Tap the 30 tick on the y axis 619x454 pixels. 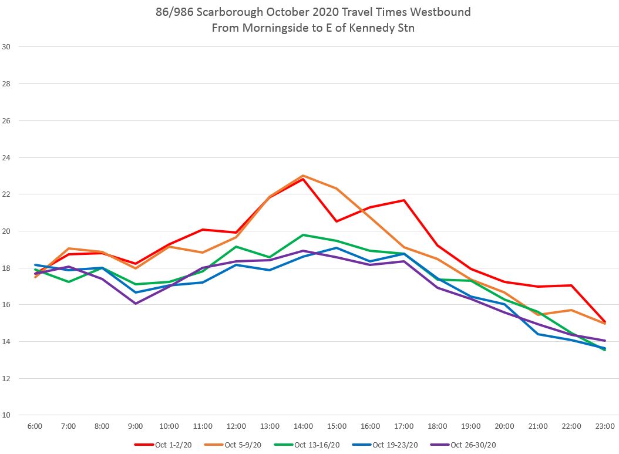point(6,47)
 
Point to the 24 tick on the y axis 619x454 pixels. point(6,158)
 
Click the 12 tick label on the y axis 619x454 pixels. point(6,379)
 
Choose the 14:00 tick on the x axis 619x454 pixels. point(303,426)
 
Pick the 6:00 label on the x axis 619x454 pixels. point(35,426)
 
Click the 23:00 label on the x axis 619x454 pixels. point(605,426)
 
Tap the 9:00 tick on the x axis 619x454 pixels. point(135,426)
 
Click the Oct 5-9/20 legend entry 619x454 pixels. point(243,445)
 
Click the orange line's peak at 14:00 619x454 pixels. point(303,176)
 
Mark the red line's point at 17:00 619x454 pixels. point(403,200)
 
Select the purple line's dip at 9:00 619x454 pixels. point(135,304)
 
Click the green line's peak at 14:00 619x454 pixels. point(303,235)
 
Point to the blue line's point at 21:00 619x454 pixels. point(538,334)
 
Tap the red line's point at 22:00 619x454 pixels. point(571,285)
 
